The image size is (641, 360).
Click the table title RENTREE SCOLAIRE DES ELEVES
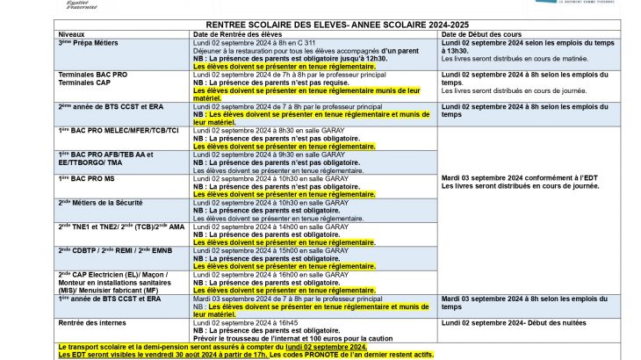tap(320, 25)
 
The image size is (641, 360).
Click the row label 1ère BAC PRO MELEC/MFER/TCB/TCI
tap(119, 130)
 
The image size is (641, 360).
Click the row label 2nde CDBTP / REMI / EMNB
tap(115, 249)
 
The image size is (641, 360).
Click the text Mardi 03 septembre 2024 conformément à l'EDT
tap(518, 176)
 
